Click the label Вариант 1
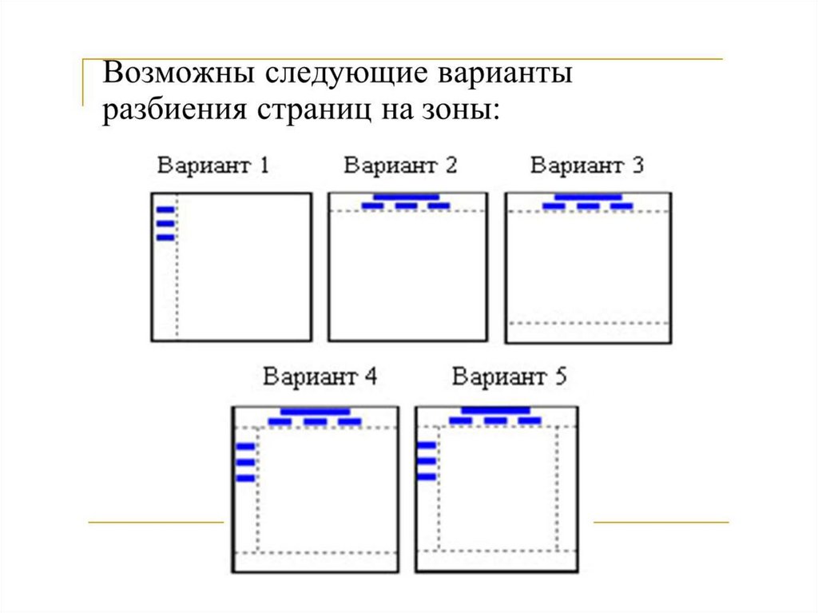click(213, 165)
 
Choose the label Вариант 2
click(400, 165)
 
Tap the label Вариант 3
click(587, 165)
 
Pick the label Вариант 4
click(320, 376)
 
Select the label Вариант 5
click(509, 376)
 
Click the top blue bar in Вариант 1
click(165, 210)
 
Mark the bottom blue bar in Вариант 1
click(165, 237)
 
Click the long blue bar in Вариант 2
click(407, 197)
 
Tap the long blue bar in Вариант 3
click(588, 197)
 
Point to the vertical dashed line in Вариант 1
click(177, 272)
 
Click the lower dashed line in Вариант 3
click(588, 323)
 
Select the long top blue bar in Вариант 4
click(315, 412)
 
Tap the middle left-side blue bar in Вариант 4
click(245, 462)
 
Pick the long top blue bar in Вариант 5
click(495, 411)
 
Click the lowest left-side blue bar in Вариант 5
click(427, 476)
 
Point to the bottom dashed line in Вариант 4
click(316, 552)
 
